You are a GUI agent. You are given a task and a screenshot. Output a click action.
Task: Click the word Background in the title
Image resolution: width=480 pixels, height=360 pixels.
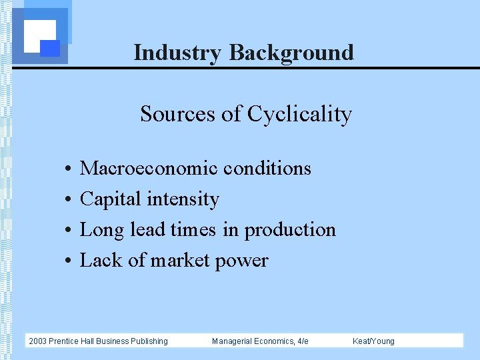(x=291, y=52)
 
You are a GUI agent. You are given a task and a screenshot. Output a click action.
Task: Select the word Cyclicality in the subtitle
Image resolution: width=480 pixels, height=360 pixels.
(x=299, y=114)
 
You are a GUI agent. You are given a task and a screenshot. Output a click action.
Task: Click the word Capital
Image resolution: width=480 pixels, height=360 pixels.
(x=111, y=199)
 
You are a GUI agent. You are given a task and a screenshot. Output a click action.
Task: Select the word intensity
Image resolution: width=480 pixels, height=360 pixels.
(x=183, y=199)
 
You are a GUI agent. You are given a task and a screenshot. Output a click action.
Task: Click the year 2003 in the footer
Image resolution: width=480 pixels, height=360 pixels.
(x=37, y=341)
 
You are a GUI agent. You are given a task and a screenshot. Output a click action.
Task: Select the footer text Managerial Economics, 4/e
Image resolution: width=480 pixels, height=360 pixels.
(x=260, y=341)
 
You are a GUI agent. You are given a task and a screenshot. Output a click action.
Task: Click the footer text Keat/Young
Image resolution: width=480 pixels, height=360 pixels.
(x=373, y=341)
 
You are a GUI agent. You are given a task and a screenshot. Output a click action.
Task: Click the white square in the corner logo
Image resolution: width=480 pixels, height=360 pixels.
(x=39, y=35)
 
